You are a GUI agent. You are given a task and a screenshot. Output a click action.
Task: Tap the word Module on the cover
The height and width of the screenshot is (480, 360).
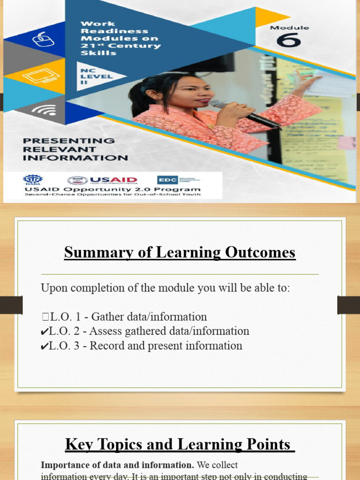(289, 28)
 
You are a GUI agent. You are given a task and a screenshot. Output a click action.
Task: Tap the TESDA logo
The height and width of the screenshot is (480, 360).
(32, 180)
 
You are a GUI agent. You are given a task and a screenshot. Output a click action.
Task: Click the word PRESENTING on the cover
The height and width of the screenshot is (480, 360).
(68, 141)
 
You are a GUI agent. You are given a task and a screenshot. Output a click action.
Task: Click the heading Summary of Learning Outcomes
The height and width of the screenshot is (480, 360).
(180, 253)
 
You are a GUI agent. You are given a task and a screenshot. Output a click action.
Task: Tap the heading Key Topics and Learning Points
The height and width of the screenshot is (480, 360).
(180, 444)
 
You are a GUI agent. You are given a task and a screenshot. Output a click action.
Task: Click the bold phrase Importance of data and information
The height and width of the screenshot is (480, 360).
(117, 465)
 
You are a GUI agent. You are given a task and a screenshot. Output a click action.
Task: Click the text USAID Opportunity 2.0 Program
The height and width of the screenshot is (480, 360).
(112, 189)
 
